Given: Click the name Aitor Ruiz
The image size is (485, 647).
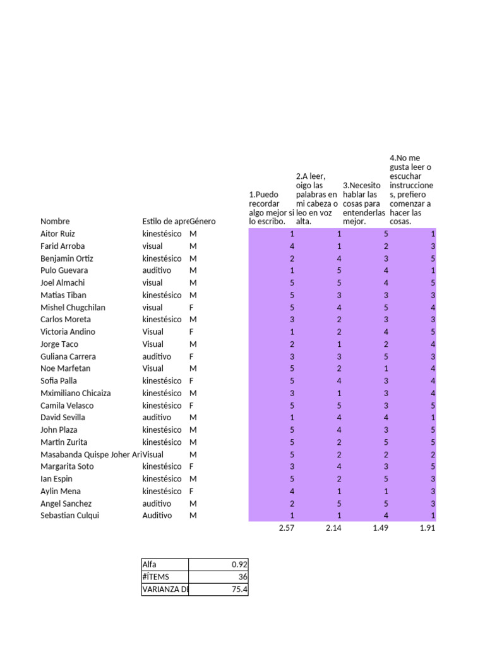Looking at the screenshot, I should click(57, 234).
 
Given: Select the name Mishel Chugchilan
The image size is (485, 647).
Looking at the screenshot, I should click(73, 308).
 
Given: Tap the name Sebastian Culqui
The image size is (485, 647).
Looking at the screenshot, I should click(69, 516).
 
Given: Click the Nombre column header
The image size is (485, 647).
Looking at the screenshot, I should click(55, 221).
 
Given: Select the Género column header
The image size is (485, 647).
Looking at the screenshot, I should click(203, 221).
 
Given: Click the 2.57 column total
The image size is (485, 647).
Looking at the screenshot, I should click(286, 528).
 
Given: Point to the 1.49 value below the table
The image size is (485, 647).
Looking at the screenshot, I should click(380, 528).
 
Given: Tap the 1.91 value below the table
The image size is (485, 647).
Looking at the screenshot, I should click(427, 528).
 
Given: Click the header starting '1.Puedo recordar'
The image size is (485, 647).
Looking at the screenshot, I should click(272, 209).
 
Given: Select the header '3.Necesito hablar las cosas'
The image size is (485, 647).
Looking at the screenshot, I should click(364, 203).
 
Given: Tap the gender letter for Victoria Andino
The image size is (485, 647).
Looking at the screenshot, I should click(192, 332).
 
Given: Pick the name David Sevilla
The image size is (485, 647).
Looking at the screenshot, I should click(63, 418).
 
